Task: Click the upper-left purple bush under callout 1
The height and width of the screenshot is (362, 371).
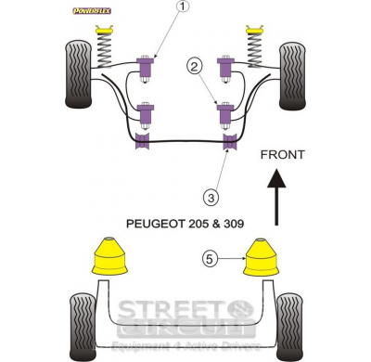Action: tap(145, 66)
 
